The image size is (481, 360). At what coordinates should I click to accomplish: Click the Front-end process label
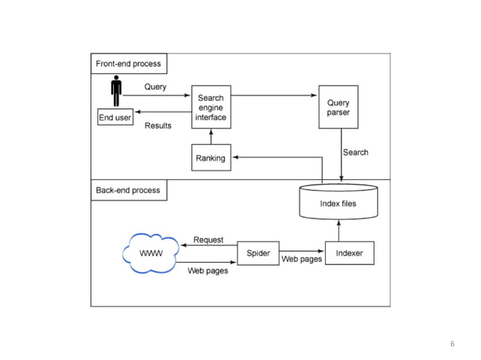coord(128,64)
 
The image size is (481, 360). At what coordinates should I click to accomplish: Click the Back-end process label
coord(128,191)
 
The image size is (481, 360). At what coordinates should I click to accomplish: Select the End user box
coord(115,118)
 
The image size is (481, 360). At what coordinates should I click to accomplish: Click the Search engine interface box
coord(211,108)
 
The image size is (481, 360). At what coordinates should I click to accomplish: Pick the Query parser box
coord(338,108)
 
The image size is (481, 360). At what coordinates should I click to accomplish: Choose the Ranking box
coord(210,158)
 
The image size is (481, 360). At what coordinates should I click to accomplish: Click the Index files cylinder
coord(338,203)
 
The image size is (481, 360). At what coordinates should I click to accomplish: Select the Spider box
coord(258,253)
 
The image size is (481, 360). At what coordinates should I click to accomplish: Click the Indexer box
coord(349,253)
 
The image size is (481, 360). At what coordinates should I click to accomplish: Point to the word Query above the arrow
coord(155,87)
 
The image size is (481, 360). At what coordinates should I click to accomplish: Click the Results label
coord(158,126)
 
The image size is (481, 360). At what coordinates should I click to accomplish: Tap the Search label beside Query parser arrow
coord(356,152)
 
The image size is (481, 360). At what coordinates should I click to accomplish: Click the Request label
coord(208,239)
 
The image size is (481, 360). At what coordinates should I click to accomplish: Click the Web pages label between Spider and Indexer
coord(302,259)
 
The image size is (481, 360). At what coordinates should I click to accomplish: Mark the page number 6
coord(452,343)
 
